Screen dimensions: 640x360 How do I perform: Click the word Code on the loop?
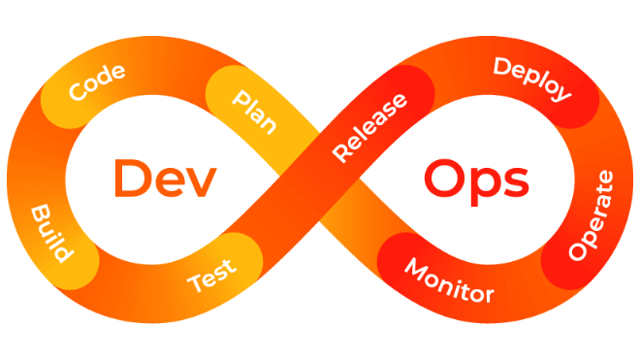(97, 82)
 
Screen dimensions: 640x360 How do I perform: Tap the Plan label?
(254, 112)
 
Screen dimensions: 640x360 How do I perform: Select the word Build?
(52, 233)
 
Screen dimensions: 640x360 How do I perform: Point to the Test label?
(211, 276)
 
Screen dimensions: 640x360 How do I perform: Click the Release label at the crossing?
(369, 127)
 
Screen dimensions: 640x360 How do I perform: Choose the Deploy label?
(532, 79)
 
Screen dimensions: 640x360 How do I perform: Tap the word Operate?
(591, 215)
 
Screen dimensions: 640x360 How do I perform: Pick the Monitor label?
(449, 280)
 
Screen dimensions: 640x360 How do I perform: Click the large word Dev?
(165, 179)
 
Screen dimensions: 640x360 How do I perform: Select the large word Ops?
(477, 182)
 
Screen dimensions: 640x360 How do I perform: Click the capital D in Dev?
(132, 179)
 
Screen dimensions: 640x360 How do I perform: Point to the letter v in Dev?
(201, 183)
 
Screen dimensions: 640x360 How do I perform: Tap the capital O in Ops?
(443, 179)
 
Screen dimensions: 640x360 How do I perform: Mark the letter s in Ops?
(517, 183)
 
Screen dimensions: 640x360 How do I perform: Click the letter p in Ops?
(484, 187)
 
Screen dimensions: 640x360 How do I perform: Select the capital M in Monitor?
(417, 269)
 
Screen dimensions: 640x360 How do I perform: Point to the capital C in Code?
(78, 90)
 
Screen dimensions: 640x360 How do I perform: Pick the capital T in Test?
(196, 282)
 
